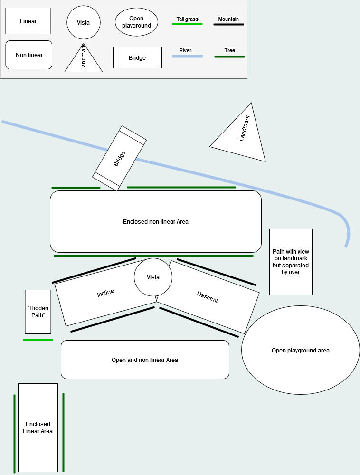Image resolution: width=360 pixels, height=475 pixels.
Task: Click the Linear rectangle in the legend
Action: tap(28, 21)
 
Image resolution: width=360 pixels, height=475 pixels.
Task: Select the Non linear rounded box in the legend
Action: tap(28, 55)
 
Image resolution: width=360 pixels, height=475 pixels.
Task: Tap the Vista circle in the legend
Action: tap(83, 22)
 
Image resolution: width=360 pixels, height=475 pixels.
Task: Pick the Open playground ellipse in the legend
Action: tap(136, 22)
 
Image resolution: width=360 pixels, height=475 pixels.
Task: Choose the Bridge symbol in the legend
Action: tap(137, 57)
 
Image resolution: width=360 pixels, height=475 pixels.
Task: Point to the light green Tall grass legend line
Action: tap(187, 24)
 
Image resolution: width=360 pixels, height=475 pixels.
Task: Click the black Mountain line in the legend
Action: tap(228, 24)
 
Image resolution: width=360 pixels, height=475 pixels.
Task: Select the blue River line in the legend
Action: tap(187, 57)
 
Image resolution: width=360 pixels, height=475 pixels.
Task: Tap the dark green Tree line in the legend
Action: tap(229, 57)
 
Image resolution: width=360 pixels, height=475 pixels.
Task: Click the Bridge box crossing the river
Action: tap(119, 158)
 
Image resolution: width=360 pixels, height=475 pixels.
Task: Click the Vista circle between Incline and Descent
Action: tap(153, 277)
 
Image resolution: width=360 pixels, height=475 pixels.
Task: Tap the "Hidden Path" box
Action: tap(38, 312)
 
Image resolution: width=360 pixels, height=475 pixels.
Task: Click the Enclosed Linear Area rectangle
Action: tap(38, 427)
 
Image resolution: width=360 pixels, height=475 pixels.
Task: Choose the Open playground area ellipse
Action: tap(300, 351)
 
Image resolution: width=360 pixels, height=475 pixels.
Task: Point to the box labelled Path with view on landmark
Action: tap(291, 262)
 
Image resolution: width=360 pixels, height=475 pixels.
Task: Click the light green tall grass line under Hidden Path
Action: tap(38, 340)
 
